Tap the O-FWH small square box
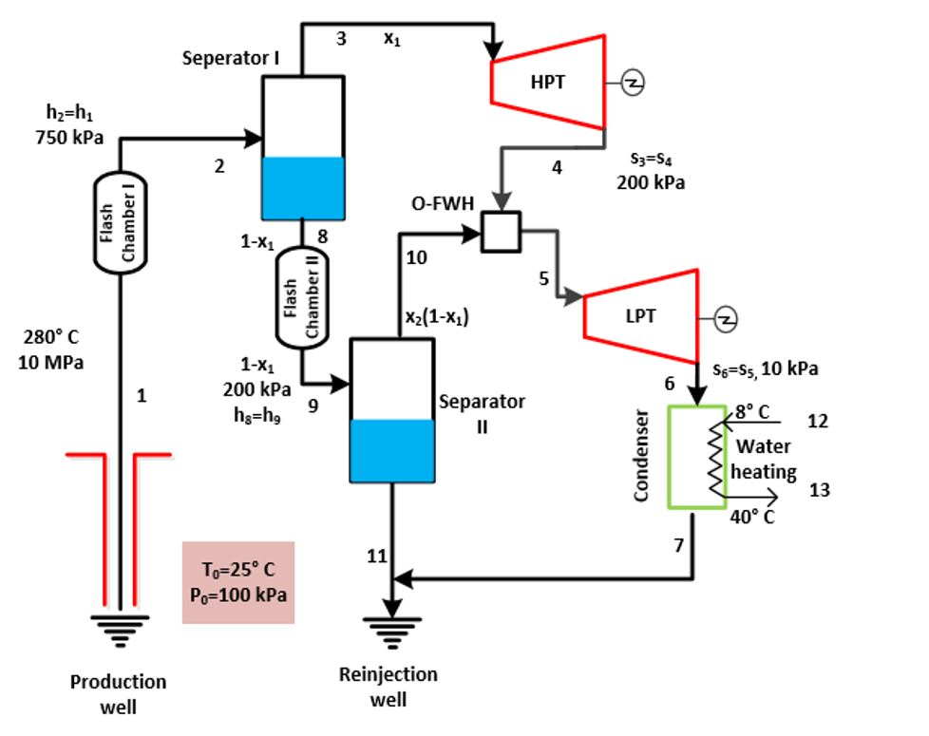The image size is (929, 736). click(501, 232)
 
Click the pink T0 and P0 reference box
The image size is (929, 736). click(238, 582)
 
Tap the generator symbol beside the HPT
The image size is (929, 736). click(633, 84)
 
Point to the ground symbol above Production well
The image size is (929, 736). click(120, 627)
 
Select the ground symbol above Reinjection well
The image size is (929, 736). click(389, 629)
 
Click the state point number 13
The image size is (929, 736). click(819, 490)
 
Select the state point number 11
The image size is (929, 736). click(377, 556)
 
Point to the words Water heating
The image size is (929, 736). click(763, 459)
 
